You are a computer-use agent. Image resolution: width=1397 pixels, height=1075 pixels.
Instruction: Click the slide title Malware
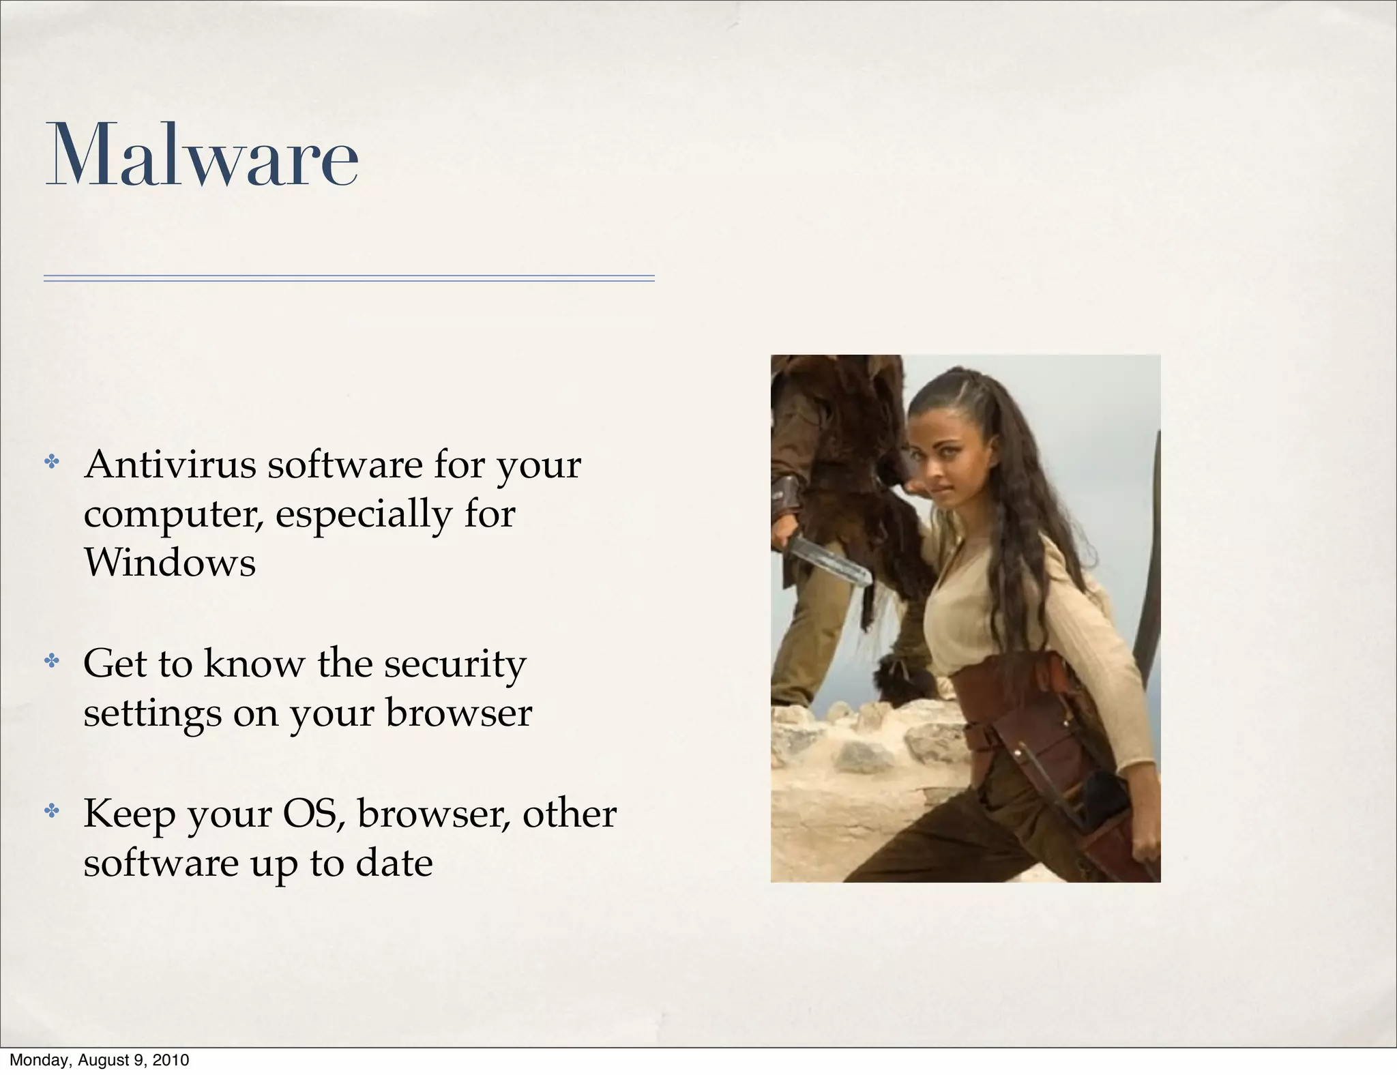coord(202,156)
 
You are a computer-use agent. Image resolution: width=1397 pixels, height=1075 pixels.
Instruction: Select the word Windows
coord(170,563)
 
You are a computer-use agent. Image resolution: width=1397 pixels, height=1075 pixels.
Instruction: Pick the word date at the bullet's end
coord(394,863)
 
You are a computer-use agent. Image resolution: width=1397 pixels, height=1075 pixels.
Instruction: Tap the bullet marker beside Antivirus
coord(52,462)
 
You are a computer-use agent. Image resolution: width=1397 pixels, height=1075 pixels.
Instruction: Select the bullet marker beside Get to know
coord(52,660)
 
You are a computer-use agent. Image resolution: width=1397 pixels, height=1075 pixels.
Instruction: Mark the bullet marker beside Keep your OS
coord(52,811)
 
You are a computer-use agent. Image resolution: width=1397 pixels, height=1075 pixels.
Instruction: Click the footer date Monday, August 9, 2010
coord(99,1060)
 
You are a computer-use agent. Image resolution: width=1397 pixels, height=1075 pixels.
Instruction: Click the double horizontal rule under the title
coord(349,278)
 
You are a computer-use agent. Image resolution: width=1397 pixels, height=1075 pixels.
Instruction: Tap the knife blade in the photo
coord(829,560)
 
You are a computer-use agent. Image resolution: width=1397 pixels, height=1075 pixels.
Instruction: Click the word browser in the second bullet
coord(458,713)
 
